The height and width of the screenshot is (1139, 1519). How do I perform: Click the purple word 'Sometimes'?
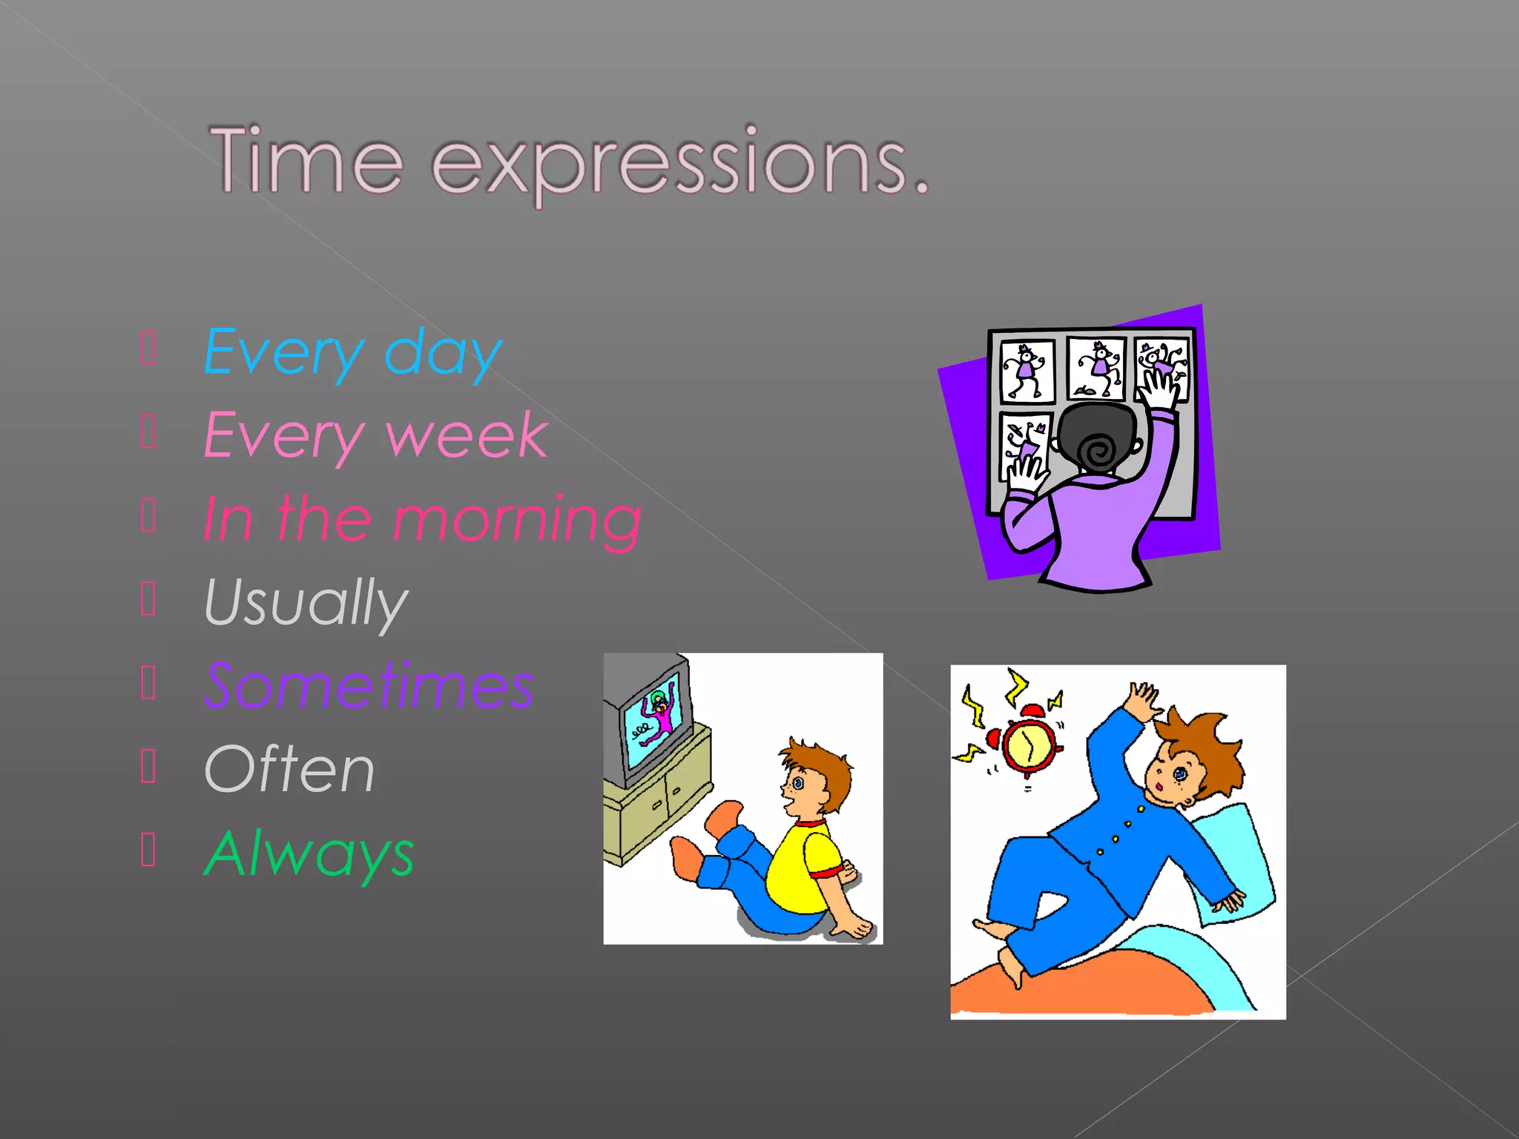(x=369, y=686)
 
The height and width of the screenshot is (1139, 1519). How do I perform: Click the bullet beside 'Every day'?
(x=148, y=349)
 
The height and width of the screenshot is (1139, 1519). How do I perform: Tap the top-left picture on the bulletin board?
(x=1027, y=370)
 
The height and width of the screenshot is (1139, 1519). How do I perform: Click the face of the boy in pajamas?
(x=1172, y=778)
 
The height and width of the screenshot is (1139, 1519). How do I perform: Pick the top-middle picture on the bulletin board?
(x=1096, y=368)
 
